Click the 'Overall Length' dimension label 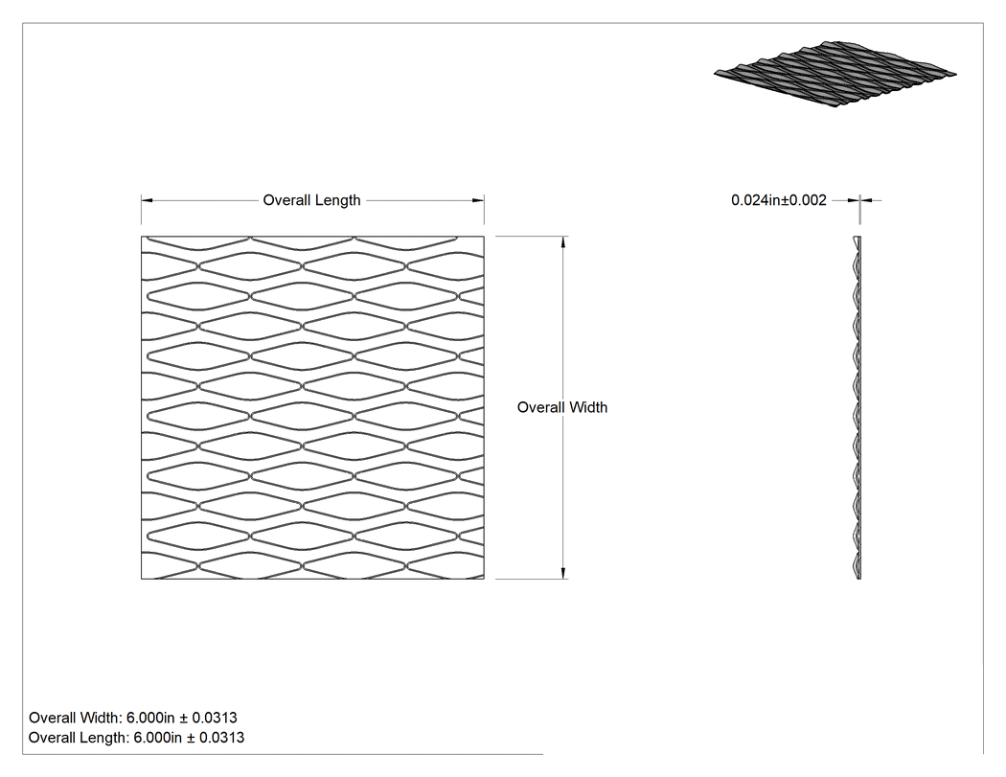point(311,200)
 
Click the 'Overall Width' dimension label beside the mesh point(562,407)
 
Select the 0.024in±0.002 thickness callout point(779,200)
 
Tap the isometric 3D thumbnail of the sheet point(835,73)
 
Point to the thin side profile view point(857,407)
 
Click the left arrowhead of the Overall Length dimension point(147,200)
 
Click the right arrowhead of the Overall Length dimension point(479,200)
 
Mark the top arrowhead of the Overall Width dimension point(563,241)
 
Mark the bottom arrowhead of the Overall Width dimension point(563,573)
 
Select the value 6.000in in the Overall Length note point(158,738)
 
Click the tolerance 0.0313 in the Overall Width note point(215,718)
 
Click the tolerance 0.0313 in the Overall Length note point(222,738)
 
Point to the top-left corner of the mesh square point(142,236)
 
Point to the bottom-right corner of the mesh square point(485,579)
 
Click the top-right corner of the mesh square point(485,236)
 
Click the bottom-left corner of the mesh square point(142,579)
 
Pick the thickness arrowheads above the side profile point(859,200)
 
